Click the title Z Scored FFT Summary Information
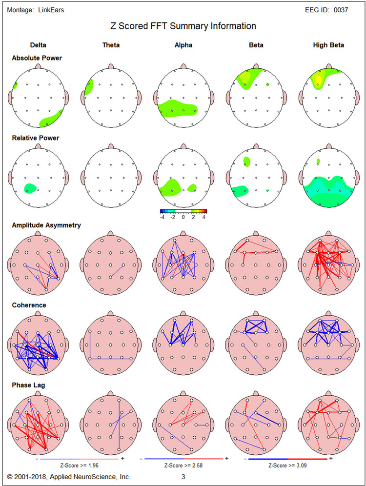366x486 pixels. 183,26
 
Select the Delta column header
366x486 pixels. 38,45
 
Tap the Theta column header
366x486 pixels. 111,45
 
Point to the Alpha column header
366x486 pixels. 183,45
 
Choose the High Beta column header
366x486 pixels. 328,45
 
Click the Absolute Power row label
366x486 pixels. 37,58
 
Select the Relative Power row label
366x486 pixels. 36,138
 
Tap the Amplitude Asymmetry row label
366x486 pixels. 46,225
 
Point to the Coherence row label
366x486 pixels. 29,305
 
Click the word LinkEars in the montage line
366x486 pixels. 51,10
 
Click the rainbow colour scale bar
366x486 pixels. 183,211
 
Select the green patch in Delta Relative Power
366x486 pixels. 30,187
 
